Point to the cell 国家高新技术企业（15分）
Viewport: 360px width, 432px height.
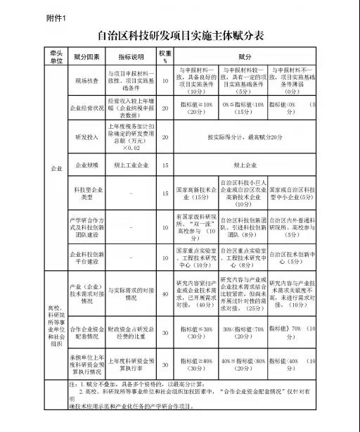click(196, 193)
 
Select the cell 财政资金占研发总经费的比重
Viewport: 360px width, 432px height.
click(131, 331)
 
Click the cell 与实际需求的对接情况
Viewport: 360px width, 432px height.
click(131, 294)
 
